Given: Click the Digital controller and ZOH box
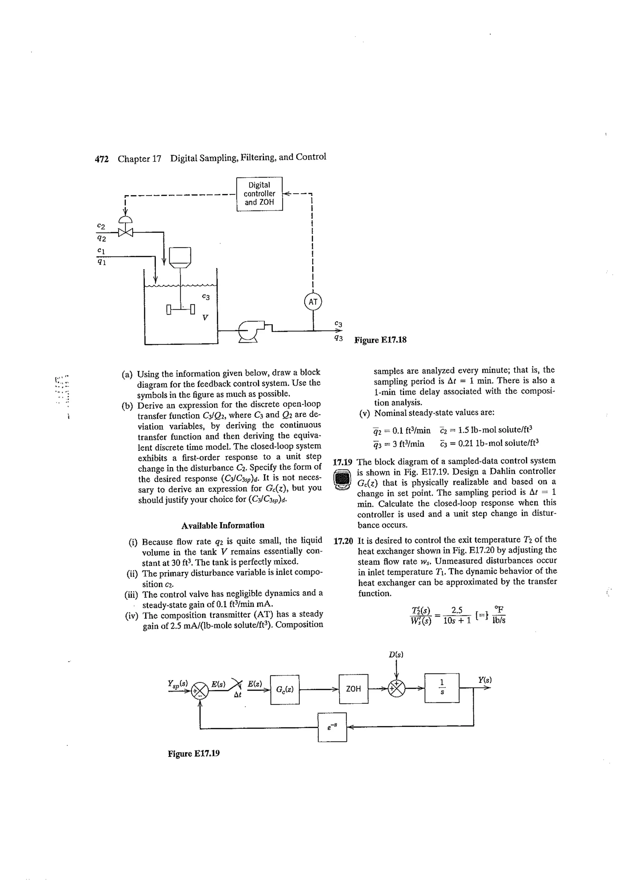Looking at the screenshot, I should (x=259, y=194).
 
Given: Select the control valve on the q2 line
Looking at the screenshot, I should (x=125, y=232).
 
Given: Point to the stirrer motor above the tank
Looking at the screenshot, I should (x=180, y=257).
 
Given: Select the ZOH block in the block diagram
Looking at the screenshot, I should (x=353, y=689).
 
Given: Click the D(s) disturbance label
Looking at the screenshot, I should (x=396, y=655).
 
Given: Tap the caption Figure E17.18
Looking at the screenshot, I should (x=381, y=340).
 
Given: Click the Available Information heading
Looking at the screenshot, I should (x=223, y=525).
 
